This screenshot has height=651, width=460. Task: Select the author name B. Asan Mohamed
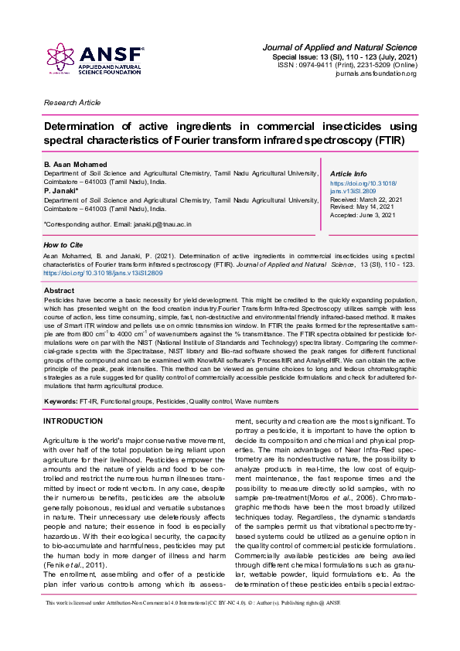[73, 165]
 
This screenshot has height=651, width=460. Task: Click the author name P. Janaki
[60, 191]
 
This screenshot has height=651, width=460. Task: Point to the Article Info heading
[349, 174]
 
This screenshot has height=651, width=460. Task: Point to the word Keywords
[60, 402]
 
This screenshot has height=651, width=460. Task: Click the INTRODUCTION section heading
[73, 421]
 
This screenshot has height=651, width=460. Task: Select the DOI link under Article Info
[363, 186]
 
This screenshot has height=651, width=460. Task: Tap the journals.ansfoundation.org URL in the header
[380, 74]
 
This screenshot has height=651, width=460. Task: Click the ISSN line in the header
[347, 66]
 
